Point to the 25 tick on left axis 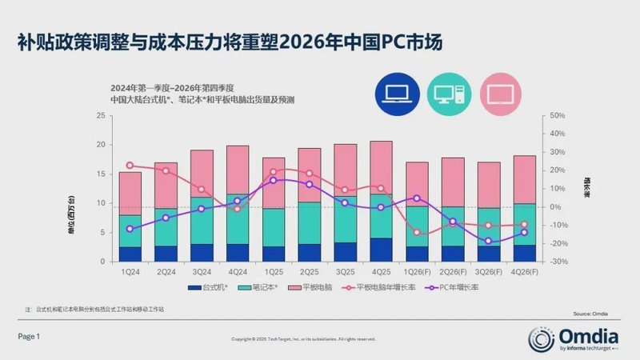pos(101,116)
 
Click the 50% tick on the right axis pos(558,116)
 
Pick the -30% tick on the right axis pos(558,262)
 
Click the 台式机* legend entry pos(208,287)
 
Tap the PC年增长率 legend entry pos(450,287)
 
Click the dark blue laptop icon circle pos(398,95)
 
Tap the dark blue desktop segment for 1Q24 pos(130,254)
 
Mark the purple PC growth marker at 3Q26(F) pos(488,241)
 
